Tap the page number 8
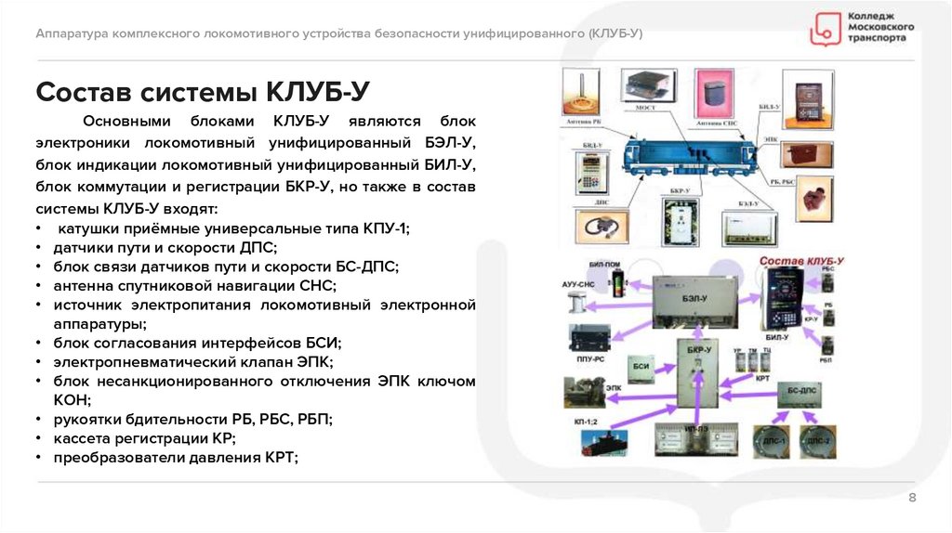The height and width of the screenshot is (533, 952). pyautogui.click(x=912, y=499)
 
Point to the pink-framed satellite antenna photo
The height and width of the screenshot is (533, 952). pyautogui.click(x=713, y=92)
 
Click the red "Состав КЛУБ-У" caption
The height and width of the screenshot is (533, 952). pyautogui.click(x=800, y=263)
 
